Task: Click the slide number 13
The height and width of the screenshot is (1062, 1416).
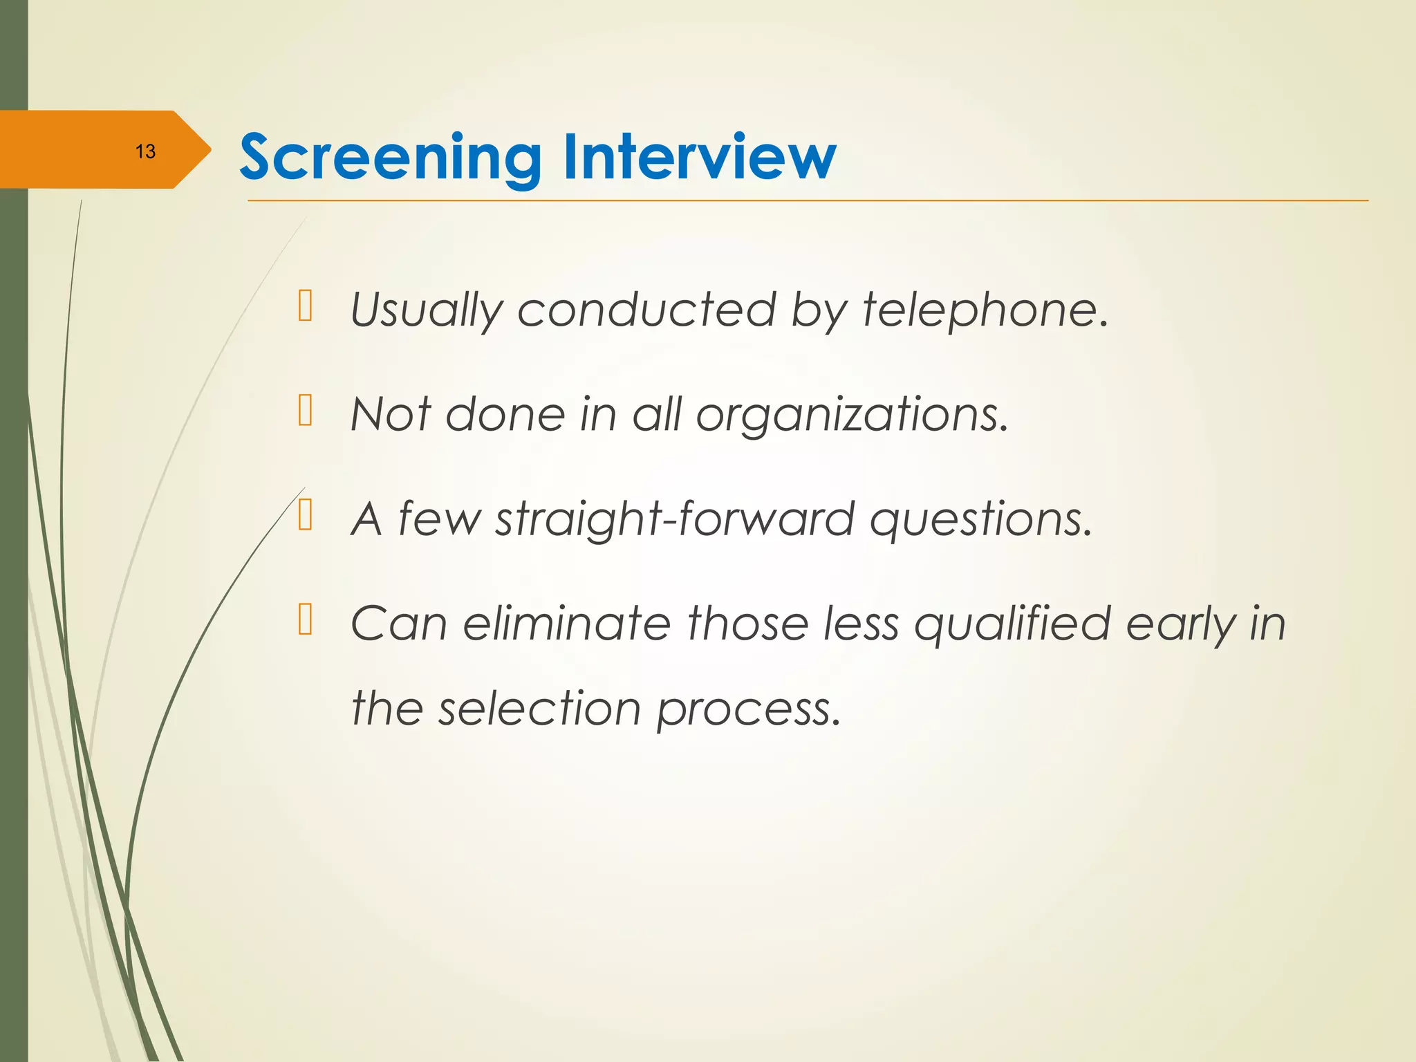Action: pos(145,151)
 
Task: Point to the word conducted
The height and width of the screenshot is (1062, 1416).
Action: pos(647,310)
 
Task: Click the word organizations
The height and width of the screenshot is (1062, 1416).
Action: pos(852,415)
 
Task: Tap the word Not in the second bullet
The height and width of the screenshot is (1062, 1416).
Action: pos(391,415)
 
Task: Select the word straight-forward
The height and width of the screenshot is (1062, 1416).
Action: pos(675,520)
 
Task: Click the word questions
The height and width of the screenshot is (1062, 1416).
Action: pos(980,520)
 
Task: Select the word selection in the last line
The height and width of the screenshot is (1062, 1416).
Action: pos(539,709)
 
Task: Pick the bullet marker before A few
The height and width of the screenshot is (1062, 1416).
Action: pos(306,515)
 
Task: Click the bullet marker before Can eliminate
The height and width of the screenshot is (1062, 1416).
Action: pos(306,619)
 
